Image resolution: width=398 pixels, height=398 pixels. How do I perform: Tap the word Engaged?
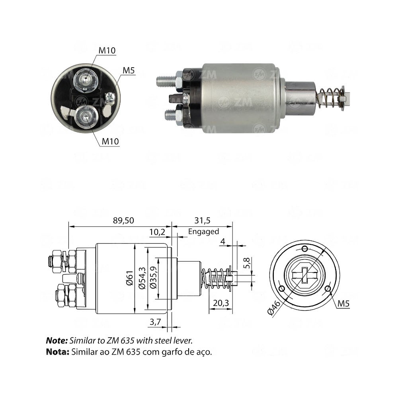203,231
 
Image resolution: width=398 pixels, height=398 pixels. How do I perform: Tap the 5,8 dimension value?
247,263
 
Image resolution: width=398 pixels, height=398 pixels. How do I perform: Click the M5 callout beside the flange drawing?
343,304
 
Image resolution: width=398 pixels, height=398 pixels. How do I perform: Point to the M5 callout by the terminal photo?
129,71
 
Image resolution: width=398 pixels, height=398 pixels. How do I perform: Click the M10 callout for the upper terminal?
107,50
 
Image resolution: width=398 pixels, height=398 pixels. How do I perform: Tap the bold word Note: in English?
57,341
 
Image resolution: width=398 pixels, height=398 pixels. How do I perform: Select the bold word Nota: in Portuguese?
58,352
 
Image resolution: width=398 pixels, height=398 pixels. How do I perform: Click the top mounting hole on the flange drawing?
305,249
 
